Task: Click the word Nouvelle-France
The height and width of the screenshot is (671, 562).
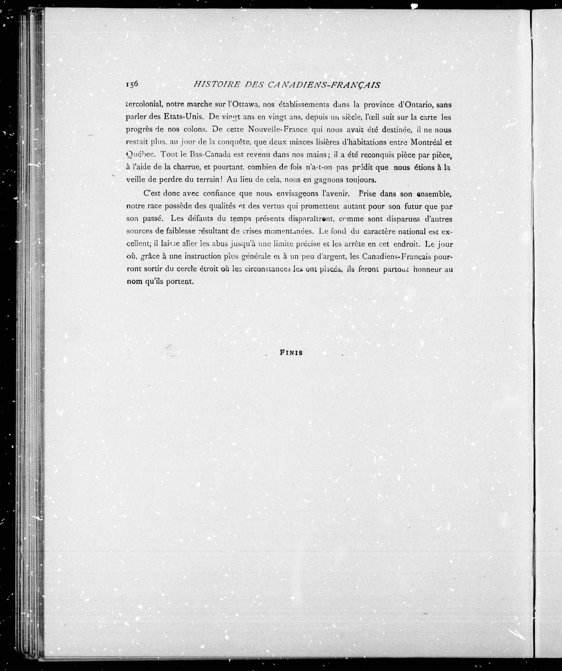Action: (x=278, y=129)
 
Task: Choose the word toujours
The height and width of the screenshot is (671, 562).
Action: (x=361, y=180)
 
